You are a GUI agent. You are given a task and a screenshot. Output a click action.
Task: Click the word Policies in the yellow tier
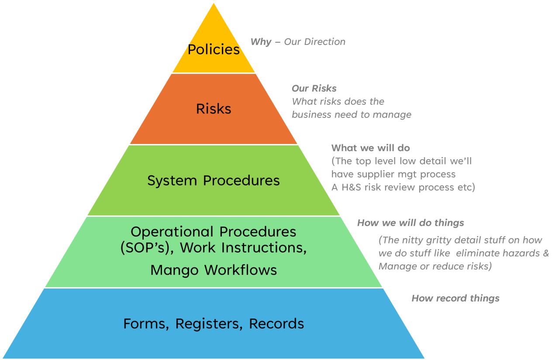click(x=214, y=49)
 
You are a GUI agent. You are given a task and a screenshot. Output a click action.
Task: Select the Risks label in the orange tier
click(x=214, y=109)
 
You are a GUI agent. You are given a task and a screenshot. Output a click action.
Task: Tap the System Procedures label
click(x=214, y=181)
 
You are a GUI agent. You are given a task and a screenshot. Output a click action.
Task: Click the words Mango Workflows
click(x=214, y=270)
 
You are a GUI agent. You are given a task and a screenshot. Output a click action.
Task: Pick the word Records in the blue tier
click(x=276, y=324)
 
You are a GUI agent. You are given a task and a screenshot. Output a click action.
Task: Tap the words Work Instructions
click(x=243, y=247)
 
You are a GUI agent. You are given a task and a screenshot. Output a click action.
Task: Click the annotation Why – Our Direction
click(x=298, y=42)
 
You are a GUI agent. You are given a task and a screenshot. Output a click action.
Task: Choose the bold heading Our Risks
click(x=314, y=89)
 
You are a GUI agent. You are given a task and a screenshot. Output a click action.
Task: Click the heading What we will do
click(x=371, y=148)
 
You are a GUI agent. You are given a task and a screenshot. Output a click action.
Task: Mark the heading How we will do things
click(x=411, y=223)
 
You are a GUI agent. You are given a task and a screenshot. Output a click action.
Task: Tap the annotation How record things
click(x=455, y=298)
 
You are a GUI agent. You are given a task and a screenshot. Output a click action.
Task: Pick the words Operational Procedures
click(x=214, y=231)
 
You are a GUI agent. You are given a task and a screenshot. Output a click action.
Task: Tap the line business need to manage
click(x=352, y=115)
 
